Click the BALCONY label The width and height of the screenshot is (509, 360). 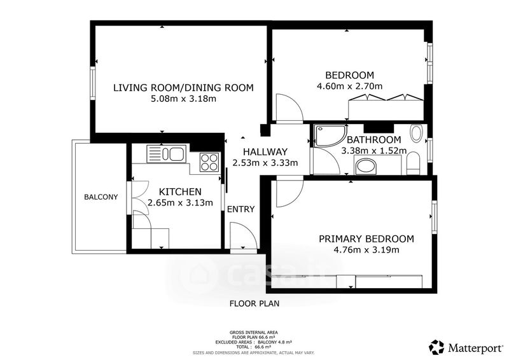101,197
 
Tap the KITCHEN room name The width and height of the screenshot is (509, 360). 180,191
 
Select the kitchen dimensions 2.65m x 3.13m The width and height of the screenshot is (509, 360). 180,203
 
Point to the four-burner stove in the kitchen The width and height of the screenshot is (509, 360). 209,162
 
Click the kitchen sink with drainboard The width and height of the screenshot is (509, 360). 166,154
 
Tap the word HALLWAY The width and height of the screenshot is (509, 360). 265,151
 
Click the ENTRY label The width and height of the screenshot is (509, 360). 241,209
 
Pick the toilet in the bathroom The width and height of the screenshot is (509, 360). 414,163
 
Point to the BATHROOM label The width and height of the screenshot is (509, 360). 374,140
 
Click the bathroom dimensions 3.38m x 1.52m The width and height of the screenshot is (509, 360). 374,151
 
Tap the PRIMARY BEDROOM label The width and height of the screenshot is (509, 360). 366,239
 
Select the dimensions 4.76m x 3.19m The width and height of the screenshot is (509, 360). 366,250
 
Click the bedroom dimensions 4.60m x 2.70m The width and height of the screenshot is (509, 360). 349,86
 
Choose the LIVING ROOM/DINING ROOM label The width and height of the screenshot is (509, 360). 183,88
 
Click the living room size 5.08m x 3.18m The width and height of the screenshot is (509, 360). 183,99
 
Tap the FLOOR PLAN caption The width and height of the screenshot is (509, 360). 254,304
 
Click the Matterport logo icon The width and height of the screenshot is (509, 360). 436,347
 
